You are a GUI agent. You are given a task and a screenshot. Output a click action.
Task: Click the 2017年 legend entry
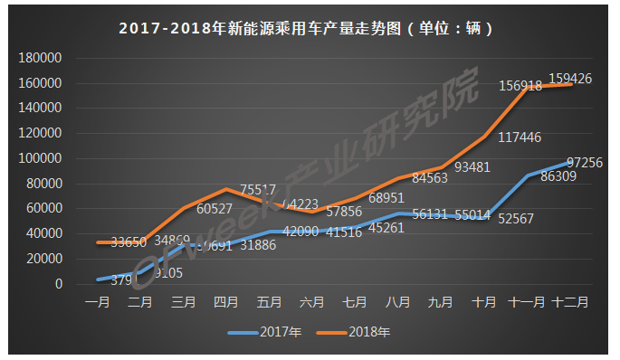[263, 332]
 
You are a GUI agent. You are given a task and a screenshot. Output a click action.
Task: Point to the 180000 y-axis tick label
[38, 58]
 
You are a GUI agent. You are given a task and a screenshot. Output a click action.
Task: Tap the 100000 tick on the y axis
[38, 158]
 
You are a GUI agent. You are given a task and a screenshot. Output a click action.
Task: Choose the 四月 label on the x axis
[225, 300]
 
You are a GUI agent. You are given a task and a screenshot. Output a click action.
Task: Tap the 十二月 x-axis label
[570, 300]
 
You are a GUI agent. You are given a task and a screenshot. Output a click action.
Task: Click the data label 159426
[569, 80]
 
